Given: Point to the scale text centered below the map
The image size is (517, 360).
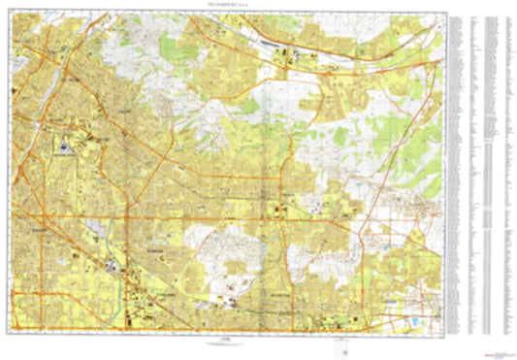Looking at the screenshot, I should tap(226, 341).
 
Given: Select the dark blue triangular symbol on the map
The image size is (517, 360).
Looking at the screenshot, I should tap(66, 148).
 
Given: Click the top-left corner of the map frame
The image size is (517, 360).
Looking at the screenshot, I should tap(11, 13).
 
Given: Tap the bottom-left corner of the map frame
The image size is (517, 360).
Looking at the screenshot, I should tap(11, 333).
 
